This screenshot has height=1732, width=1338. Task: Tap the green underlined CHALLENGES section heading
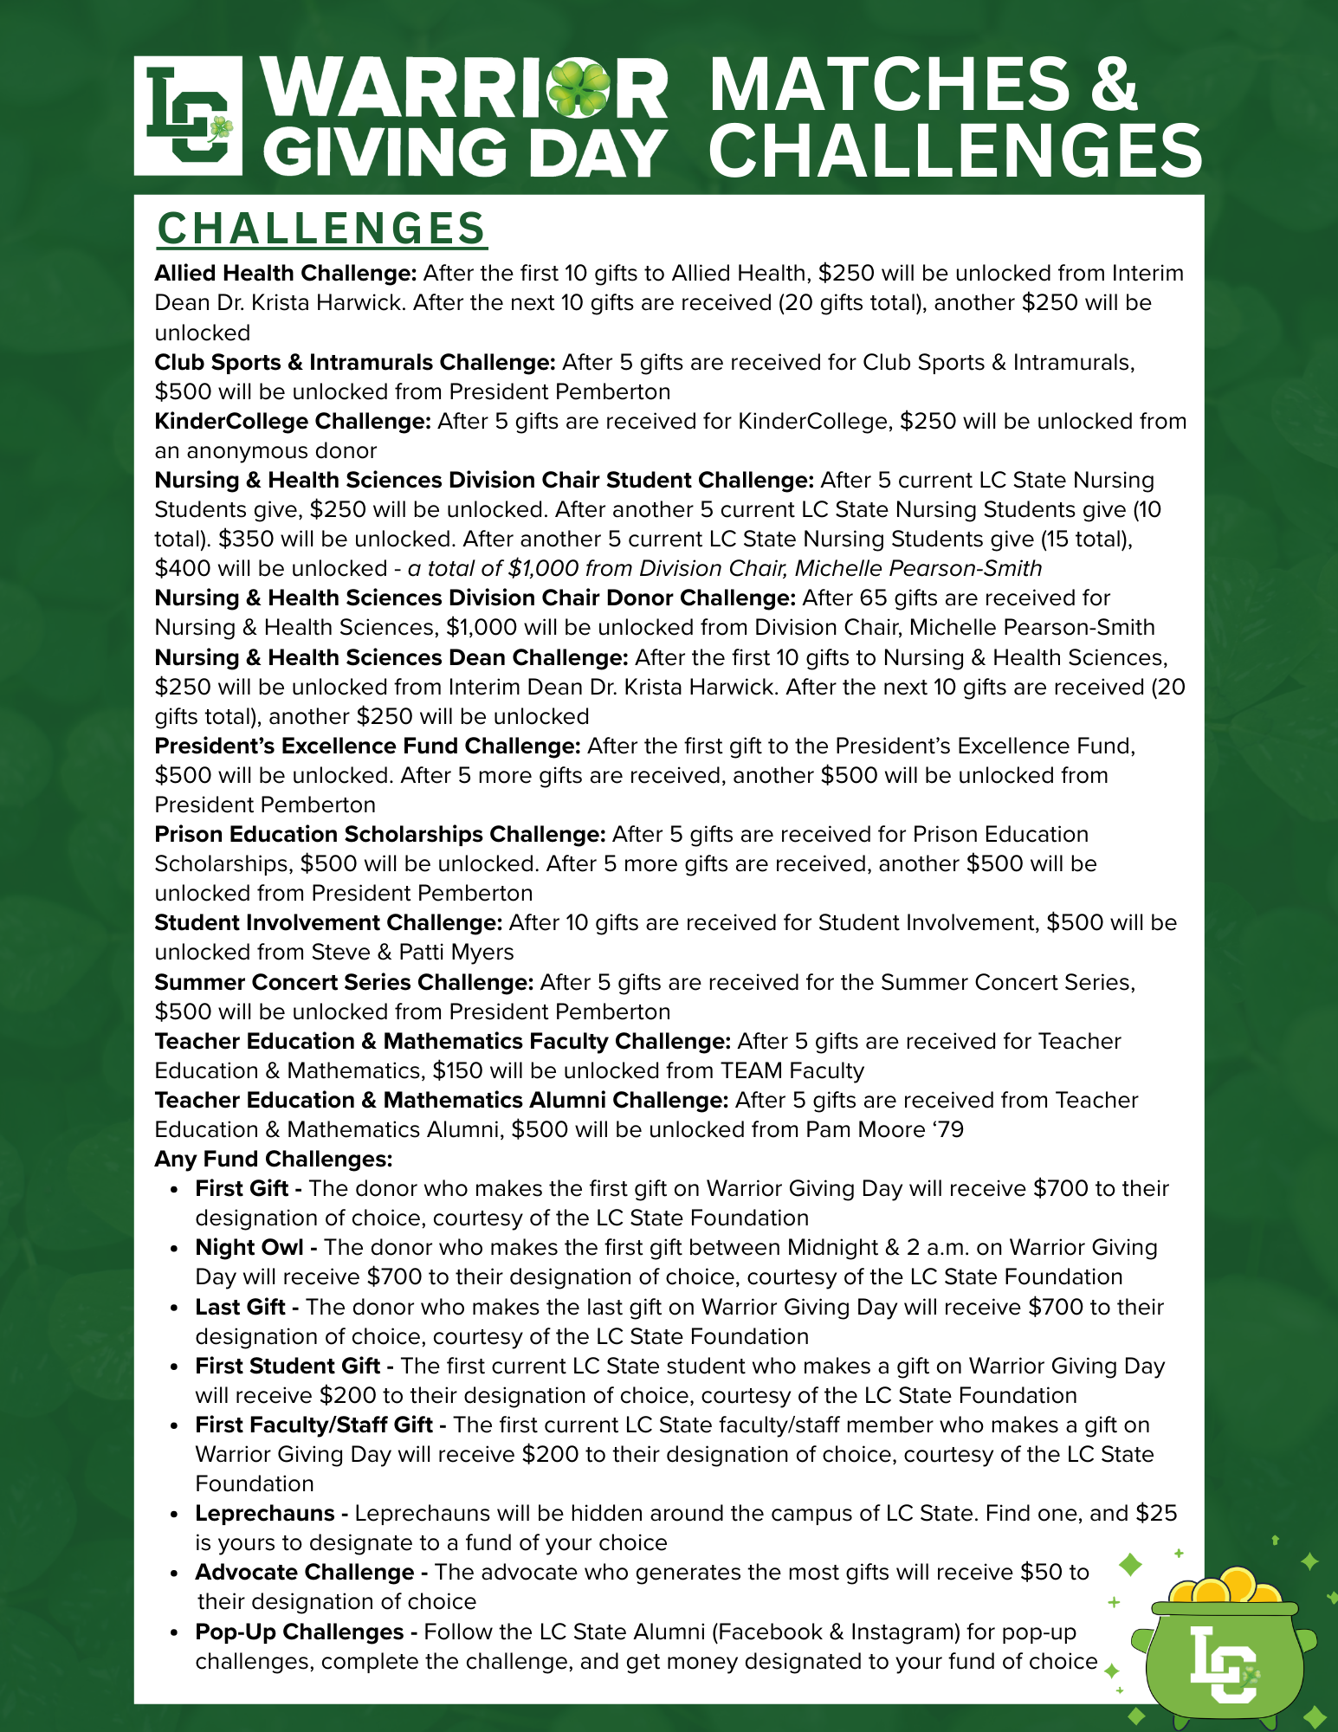point(321,229)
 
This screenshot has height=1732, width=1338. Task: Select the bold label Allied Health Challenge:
point(286,274)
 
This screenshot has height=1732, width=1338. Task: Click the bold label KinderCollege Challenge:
point(293,422)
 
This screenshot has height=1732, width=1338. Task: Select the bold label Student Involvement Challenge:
point(328,923)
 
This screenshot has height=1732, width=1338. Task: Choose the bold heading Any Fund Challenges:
point(274,1160)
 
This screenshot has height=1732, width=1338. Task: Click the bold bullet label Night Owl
point(249,1248)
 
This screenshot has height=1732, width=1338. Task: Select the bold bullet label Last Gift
point(240,1307)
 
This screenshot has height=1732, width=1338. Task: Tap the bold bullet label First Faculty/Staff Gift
point(313,1425)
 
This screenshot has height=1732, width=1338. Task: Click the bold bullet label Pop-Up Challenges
point(300,1632)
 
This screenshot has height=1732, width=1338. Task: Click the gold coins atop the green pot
point(1224,1587)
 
